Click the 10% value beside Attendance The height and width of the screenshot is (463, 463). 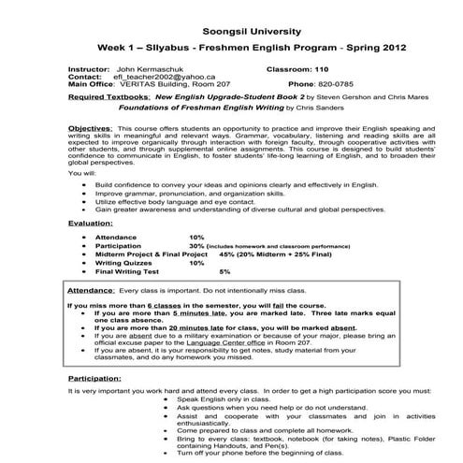click(196, 238)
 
